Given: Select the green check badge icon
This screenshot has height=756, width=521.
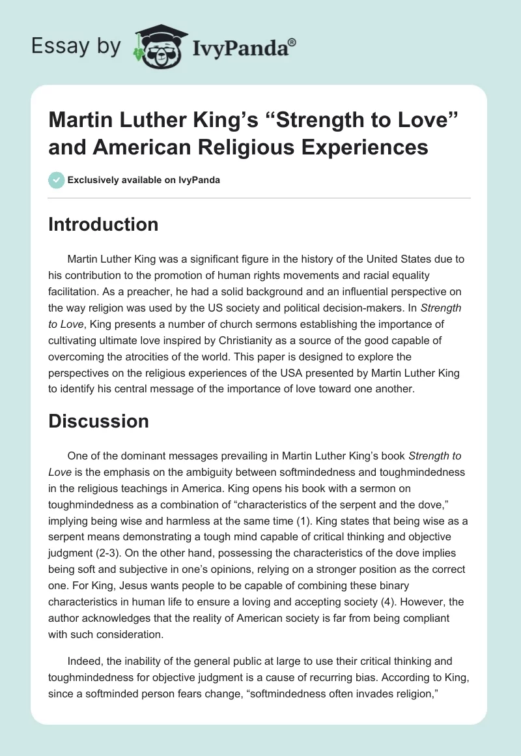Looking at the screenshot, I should coord(57,180).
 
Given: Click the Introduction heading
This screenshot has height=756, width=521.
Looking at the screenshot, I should coord(104,224).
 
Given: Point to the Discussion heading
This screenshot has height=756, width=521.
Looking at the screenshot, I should coord(99,421).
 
